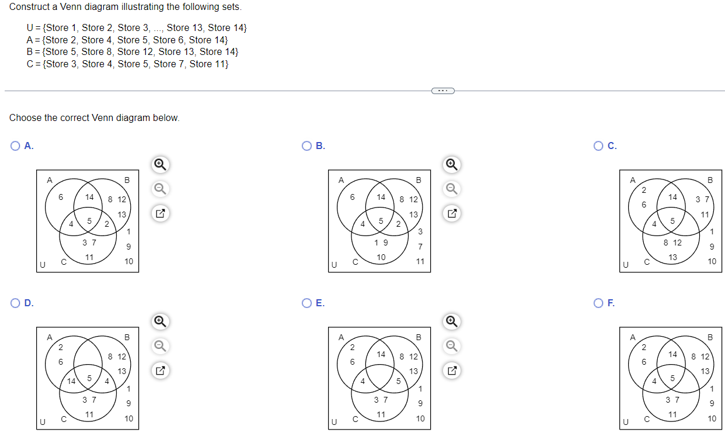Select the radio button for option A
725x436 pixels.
(x=16, y=146)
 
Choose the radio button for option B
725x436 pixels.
(x=306, y=146)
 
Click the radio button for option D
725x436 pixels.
(x=16, y=303)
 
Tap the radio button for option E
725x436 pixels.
(x=306, y=303)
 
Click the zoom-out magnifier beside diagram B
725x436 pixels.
(x=451, y=188)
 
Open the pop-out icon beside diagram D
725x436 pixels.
(x=160, y=370)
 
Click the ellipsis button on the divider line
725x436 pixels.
(x=442, y=91)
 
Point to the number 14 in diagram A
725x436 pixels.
(x=89, y=198)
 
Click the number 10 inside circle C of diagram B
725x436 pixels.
(x=381, y=257)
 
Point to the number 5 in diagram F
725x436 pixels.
(x=672, y=378)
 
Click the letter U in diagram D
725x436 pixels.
(x=42, y=421)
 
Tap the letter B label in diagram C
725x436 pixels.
(x=710, y=180)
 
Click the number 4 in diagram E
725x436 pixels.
(x=362, y=381)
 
